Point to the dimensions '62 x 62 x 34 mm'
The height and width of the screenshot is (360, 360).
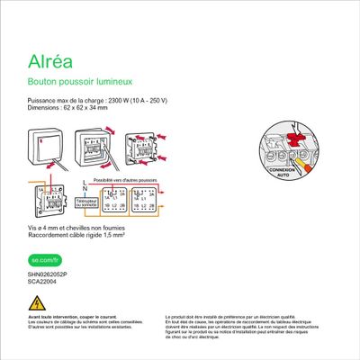(x=83, y=107)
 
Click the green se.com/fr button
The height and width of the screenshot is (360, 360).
(x=42, y=260)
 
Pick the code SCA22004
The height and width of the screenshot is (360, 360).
(x=41, y=281)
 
